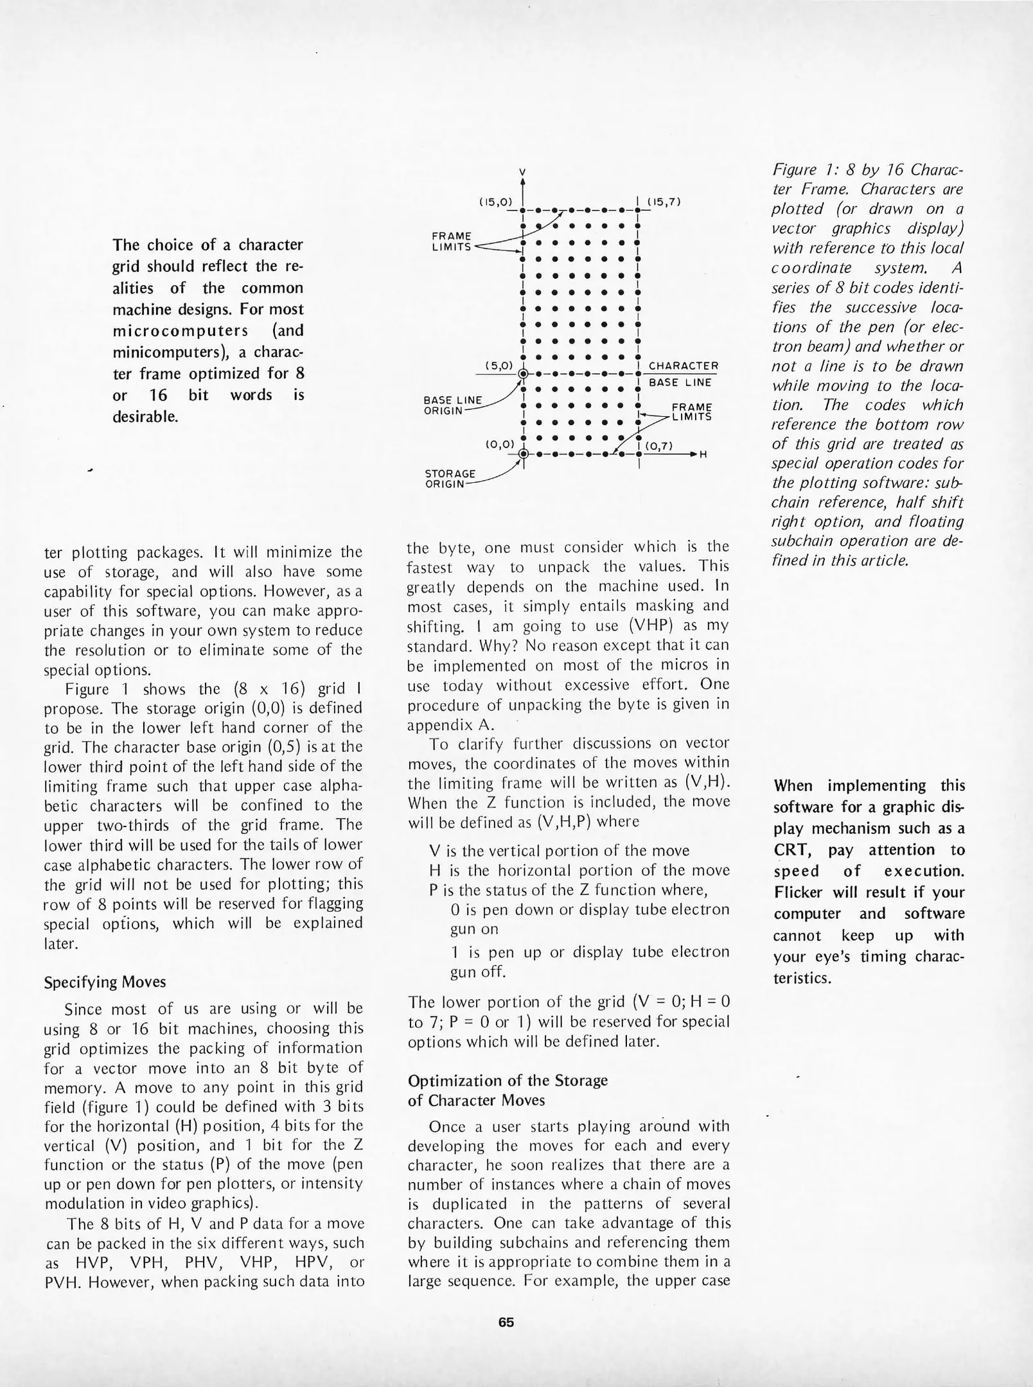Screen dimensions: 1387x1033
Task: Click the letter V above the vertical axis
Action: tap(522, 172)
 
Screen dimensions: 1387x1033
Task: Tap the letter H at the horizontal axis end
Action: tap(703, 455)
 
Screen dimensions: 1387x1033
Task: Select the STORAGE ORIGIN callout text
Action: tap(450, 478)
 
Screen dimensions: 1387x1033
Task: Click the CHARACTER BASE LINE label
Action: tap(683, 374)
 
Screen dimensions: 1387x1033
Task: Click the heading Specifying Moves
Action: tap(105, 982)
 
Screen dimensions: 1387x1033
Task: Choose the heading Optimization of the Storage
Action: tap(508, 1080)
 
